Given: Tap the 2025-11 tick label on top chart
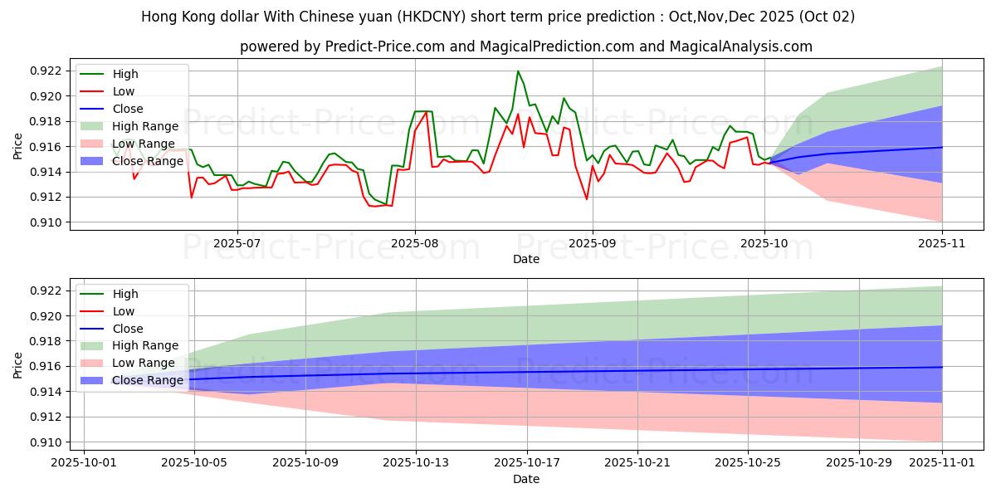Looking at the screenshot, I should click(942, 243).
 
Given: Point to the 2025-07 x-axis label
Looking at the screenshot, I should click(237, 243).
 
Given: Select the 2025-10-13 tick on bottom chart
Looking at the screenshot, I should click(416, 463).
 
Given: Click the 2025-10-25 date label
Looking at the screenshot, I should click(748, 463).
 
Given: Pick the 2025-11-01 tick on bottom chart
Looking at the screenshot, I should click(942, 463).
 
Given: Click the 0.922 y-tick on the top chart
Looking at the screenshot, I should click(45, 71).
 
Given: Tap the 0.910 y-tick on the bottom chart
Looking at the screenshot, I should click(45, 442).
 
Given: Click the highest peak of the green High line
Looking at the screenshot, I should click(518, 71).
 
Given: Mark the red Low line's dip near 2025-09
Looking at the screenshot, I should click(587, 199).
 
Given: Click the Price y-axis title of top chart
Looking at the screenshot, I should click(18, 147).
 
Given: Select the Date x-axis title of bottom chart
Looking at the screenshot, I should click(526, 480).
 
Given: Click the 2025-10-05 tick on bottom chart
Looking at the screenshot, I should click(194, 463).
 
